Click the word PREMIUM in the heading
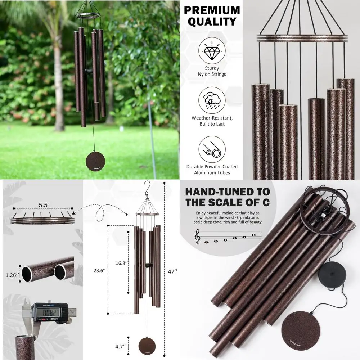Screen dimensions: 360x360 212,10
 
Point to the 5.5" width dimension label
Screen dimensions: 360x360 44,204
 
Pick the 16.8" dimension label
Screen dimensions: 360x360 121,263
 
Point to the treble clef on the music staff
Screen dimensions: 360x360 197,238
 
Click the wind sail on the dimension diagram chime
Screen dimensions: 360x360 147,346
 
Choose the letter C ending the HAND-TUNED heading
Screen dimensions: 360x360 266,202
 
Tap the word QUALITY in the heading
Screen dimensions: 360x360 212,22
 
